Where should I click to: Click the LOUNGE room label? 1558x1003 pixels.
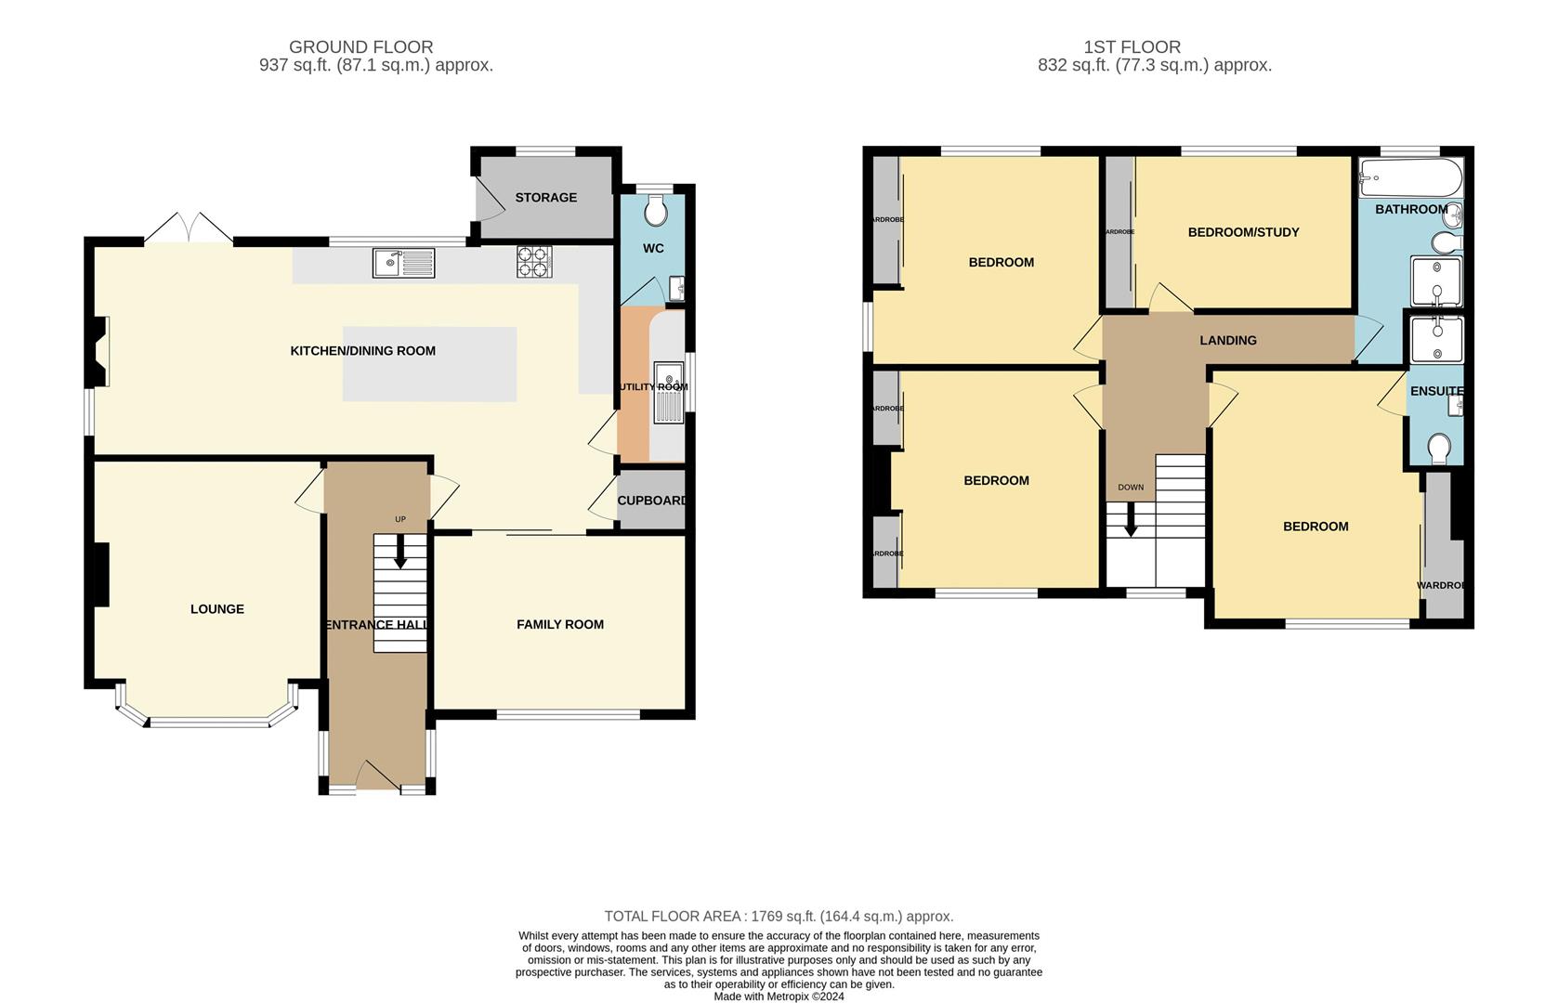217,609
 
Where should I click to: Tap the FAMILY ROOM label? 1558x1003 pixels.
560,624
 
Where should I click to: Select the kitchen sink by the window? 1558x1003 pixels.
404,263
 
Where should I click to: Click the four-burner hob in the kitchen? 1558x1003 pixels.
534,262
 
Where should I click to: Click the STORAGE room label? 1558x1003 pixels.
546,198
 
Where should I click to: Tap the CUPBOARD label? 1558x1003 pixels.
652,501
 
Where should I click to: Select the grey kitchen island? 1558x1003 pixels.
429,364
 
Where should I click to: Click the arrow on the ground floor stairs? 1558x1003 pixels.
400,554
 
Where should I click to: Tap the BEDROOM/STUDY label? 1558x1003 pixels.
1243,232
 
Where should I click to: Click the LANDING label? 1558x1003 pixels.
1227,341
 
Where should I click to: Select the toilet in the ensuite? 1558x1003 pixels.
1439,449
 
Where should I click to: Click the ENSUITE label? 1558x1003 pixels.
1436,391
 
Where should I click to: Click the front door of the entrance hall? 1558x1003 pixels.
376,775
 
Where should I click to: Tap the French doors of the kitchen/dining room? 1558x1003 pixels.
189,228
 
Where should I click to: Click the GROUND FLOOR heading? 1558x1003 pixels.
360,46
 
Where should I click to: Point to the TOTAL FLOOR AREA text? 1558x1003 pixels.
779,917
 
